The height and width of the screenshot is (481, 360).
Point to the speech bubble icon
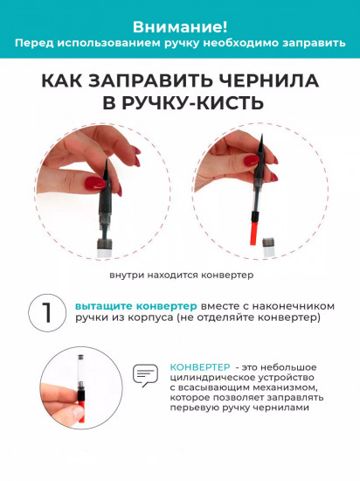tap(143, 375)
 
